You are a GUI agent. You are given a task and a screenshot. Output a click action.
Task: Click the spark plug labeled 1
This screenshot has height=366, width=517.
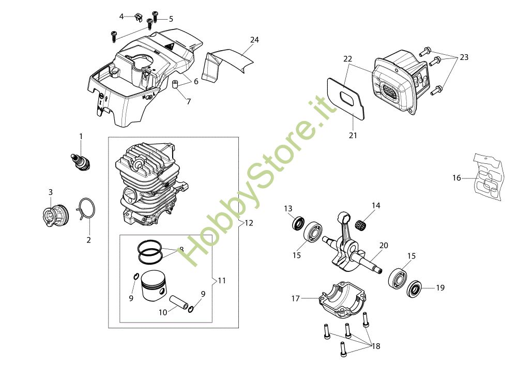click(x=80, y=160)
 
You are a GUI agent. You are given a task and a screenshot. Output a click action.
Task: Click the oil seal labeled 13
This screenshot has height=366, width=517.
click(x=298, y=224)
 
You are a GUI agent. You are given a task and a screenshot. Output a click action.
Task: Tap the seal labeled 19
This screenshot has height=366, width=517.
click(x=415, y=288)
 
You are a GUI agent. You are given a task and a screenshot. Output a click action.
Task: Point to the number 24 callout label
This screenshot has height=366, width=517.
click(x=254, y=39)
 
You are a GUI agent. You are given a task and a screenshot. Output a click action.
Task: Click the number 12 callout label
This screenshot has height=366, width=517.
click(x=249, y=223)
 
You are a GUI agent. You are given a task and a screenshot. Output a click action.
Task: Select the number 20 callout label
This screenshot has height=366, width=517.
click(x=383, y=246)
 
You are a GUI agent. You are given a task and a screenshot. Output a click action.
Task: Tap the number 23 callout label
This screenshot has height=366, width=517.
click(x=464, y=57)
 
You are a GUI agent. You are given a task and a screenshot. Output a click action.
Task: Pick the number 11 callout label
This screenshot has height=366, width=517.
click(x=222, y=281)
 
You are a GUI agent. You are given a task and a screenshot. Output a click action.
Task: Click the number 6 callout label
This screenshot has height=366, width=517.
click(x=196, y=81)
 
